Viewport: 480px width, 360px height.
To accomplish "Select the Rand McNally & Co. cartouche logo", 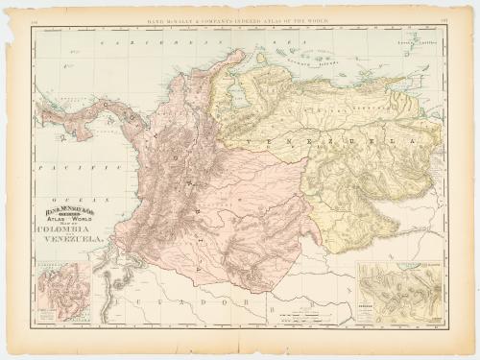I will click(65, 205).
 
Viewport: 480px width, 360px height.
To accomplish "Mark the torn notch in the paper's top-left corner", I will click(12, 12).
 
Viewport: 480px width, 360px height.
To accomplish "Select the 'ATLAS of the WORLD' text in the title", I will click(65, 218).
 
